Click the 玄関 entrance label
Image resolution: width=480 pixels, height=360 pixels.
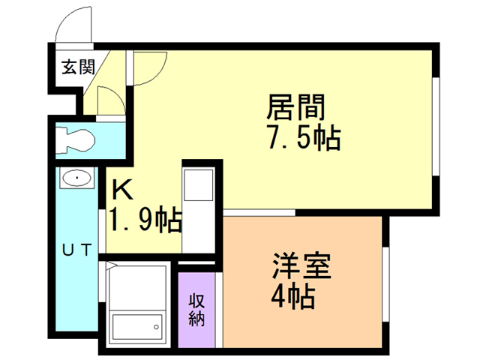tap(77, 67)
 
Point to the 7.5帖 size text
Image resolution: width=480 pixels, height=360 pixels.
tap(302, 139)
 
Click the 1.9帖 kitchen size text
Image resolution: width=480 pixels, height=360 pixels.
tap(145, 220)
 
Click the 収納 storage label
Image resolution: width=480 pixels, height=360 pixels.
tap(196, 308)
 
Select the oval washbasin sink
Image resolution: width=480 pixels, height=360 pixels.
tap(76, 178)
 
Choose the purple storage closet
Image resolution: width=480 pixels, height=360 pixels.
tap(196, 310)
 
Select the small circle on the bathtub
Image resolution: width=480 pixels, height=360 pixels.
tap(157, 326)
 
